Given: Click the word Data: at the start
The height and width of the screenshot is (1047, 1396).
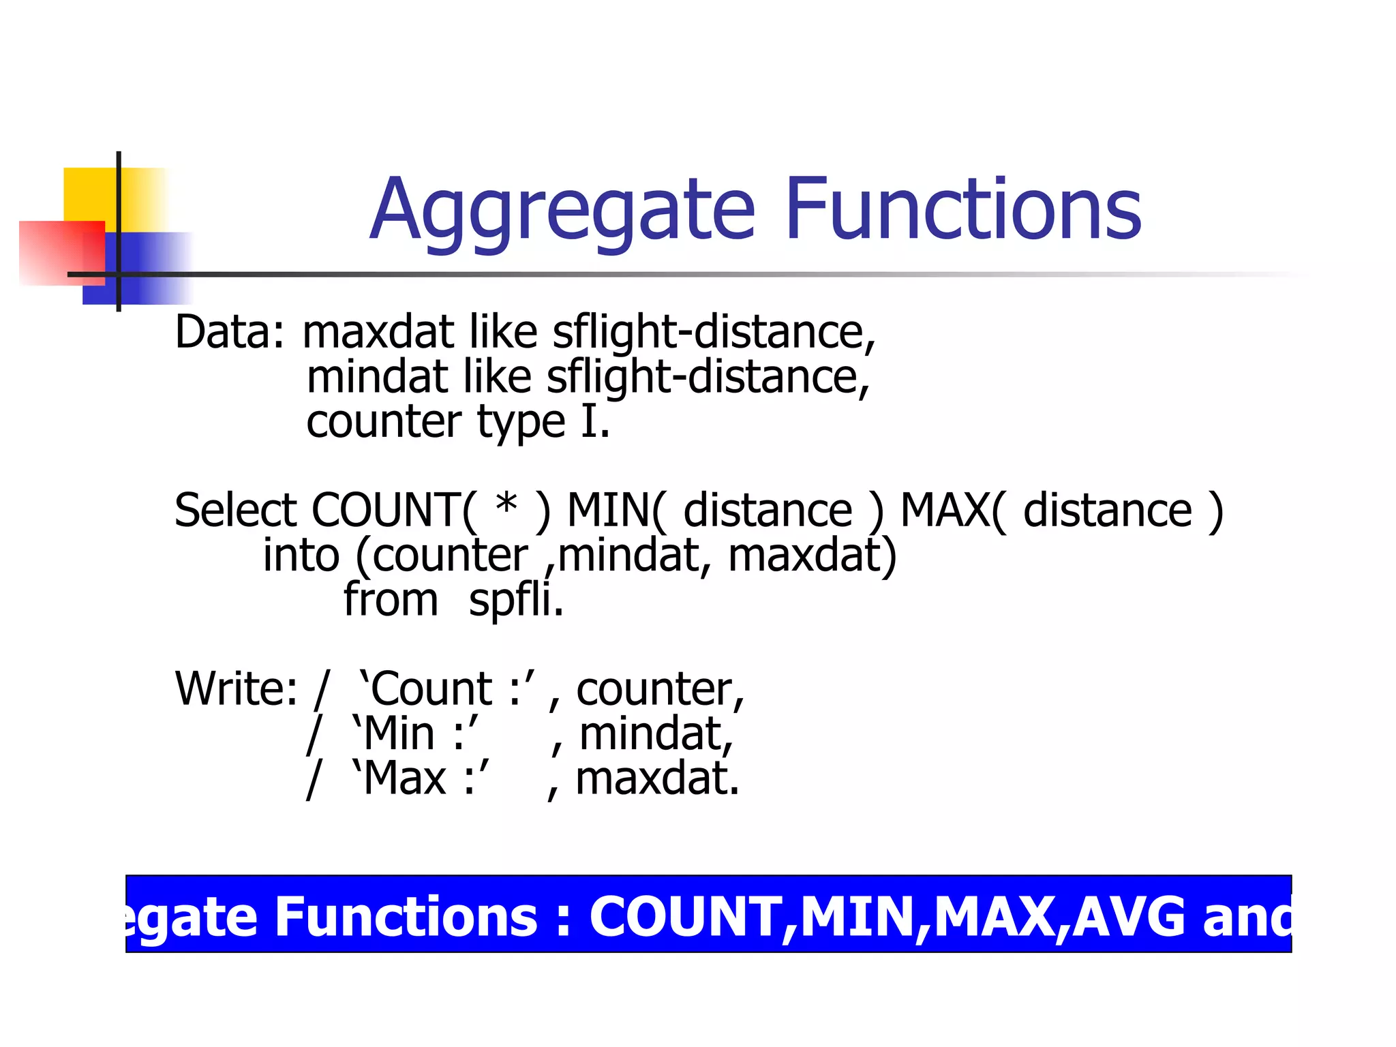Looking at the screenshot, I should coord(229,332).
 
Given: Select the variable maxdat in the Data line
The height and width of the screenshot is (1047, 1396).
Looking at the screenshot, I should coord(378,332).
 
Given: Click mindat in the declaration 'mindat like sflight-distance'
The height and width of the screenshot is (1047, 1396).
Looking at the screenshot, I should coord(377,377).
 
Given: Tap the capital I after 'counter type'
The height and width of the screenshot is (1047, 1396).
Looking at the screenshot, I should coord(590,422).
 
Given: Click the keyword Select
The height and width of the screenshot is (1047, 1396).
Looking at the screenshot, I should coord(235,511).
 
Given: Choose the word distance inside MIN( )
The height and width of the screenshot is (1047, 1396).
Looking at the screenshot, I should coord(768,511).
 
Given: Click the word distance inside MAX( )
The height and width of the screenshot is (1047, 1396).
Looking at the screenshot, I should coord(1107,511).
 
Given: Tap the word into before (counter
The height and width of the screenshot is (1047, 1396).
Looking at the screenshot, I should coord(301,556).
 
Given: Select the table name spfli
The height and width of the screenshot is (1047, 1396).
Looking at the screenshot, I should coord(515,601).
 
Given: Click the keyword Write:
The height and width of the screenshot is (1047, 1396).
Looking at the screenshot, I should coord(236,689).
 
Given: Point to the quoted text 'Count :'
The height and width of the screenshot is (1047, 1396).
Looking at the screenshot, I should coord(447,689).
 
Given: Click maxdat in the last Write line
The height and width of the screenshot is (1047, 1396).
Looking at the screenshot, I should coord(657,779).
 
